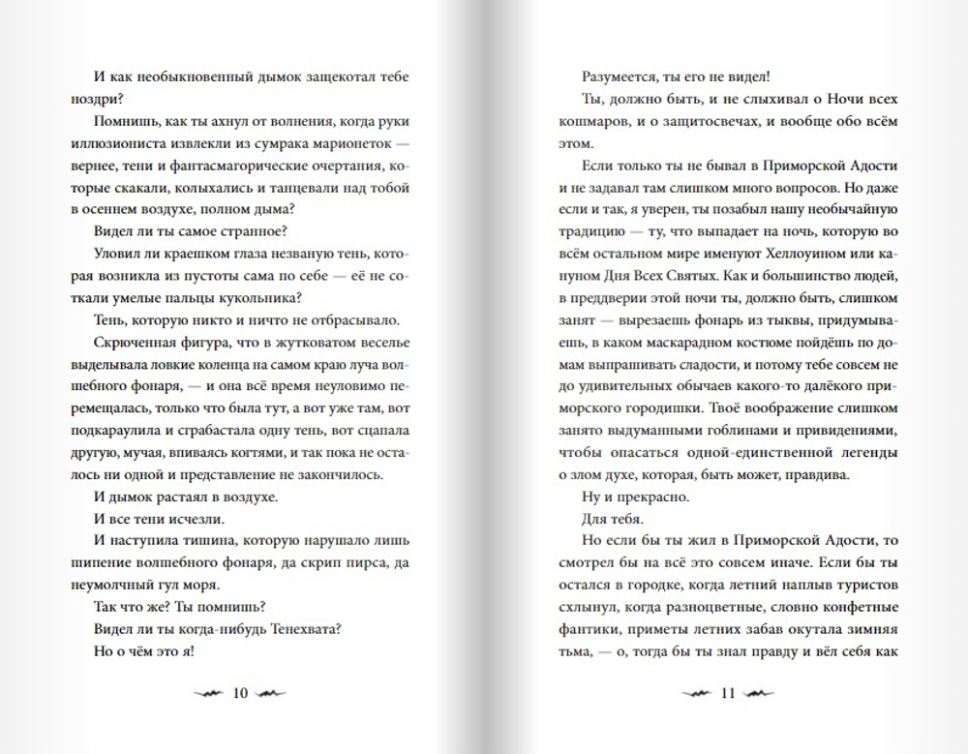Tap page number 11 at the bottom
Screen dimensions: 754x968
tap(729, 692)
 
